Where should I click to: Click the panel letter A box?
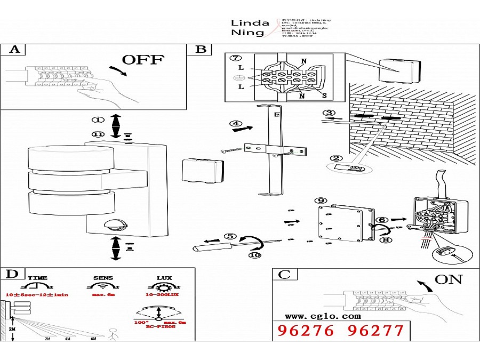pyautogui.click(x=15, y=50)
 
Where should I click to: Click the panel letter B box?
pyautogui.click(x=201, y=50)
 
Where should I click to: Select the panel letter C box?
pyautogui.click(x=284, y=274)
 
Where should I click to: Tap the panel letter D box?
pyautogui.click(x=12, y=274)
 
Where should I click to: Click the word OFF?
pyautogui.click(x=142, y=59)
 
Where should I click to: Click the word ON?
pyautogui.click(x=448, y=279)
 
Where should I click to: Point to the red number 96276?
pyautogui.click(x=306, y=331)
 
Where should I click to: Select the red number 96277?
pyautogui.click(x=375, y=331)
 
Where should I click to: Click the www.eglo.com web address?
pyautogui.click(x=315, y=316)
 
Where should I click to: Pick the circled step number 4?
pyautogui.click(x=236, y=124)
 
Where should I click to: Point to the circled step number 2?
pyautogui.click(x=335, y=158)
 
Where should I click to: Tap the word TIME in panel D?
pyautogui.click(x=37, y=278)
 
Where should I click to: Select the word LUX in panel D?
pyautogui.click(x=164, y=278)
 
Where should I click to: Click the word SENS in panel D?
pyautogui.click(x=103, y=278)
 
